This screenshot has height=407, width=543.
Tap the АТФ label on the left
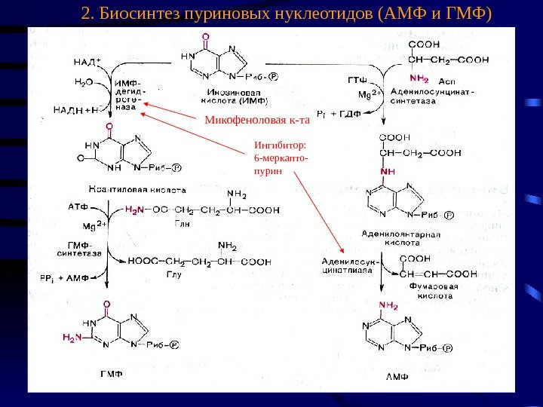78,205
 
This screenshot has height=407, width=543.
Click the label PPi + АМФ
64,277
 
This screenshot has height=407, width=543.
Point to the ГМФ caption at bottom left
112,373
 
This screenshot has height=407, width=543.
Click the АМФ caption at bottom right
397,375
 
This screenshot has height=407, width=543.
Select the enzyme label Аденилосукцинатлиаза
342,265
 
